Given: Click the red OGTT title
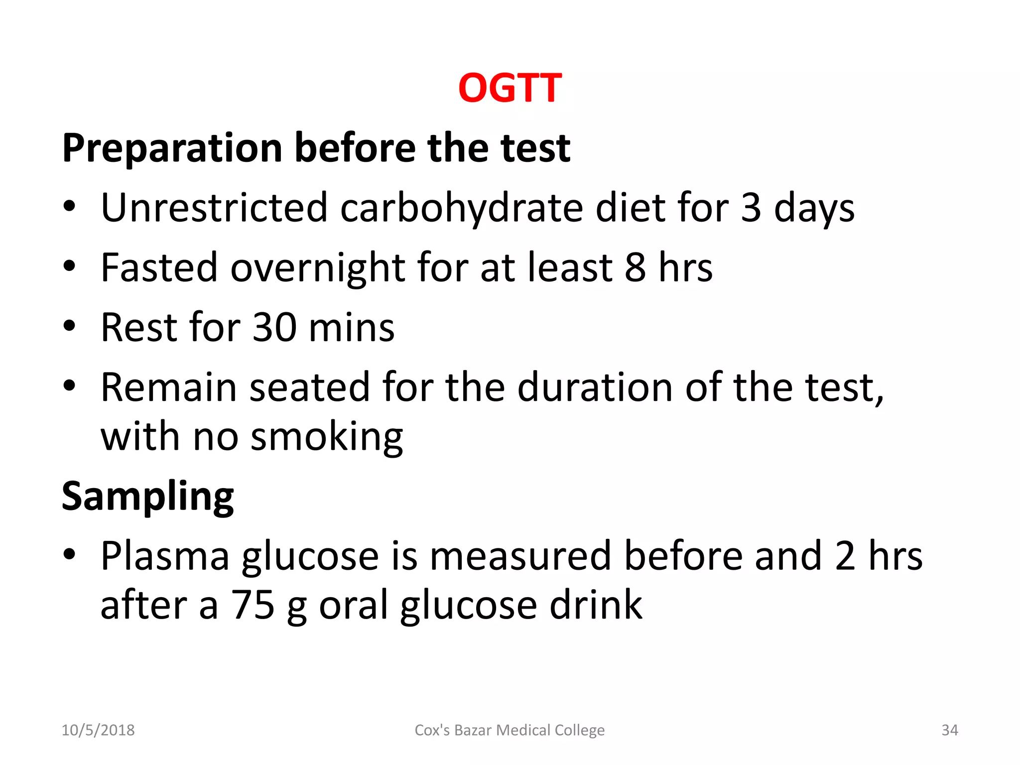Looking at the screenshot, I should (x=510, y=88).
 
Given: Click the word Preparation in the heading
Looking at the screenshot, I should (x=172, y=148).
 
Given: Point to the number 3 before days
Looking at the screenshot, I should (x=751, y=208).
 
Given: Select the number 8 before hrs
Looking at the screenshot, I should (x=636, y=267).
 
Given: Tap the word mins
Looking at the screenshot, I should (x=351, y=327).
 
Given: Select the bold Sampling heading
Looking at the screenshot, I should (x=148, y=497).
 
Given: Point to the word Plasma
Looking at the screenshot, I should (x=165, y=556).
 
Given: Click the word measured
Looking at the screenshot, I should (x=520, y=556).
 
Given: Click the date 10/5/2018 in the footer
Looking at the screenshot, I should (x=98, y=730).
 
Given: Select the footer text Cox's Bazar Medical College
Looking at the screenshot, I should (x=510, y=730).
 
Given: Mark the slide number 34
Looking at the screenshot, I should (x=949, y=730).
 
